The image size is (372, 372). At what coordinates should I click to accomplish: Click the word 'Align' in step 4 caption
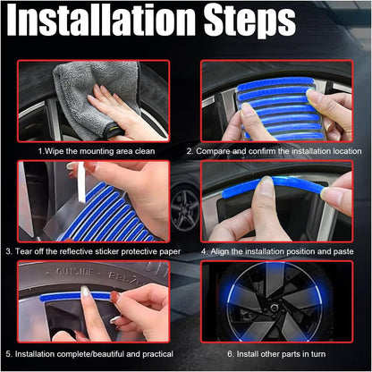tap(221, 251)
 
